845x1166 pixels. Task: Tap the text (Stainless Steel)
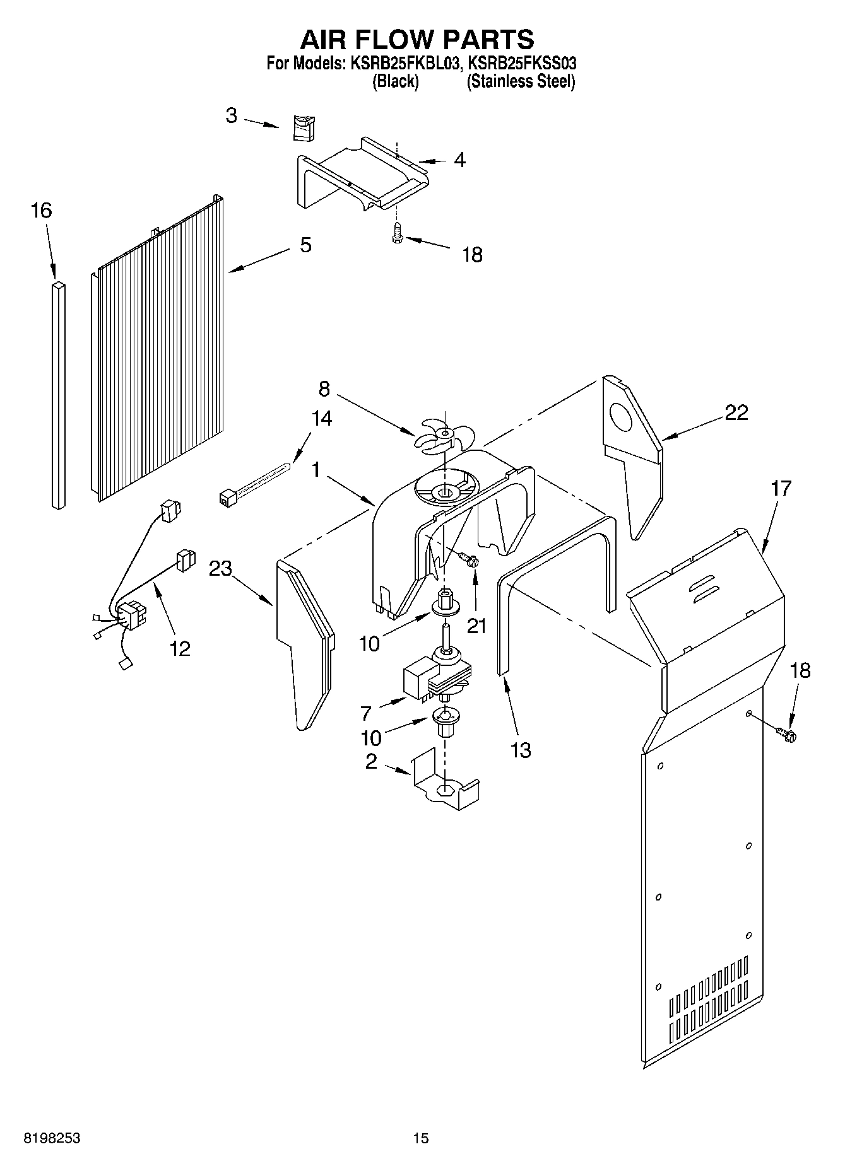pos(521,81)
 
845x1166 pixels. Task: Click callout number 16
pos(41,211)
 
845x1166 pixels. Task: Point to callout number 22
pos(736,412)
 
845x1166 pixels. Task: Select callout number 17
pos(781,488)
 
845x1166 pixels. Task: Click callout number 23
pos(221,569)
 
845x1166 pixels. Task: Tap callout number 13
pos(521,750)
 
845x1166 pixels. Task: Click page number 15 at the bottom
pos(421,1138)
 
